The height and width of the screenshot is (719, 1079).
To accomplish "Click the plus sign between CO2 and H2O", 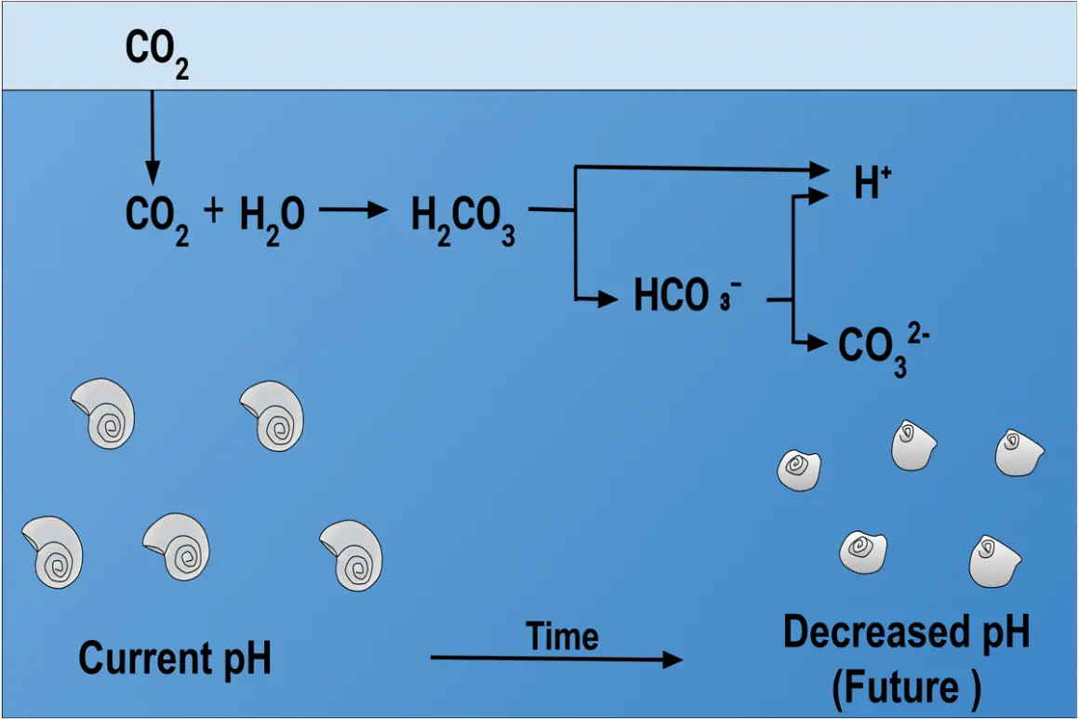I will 213,211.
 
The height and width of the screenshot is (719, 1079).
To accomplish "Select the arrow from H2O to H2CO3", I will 353,210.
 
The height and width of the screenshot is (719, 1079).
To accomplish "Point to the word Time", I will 562,636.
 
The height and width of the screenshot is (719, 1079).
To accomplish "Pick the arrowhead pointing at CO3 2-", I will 818,344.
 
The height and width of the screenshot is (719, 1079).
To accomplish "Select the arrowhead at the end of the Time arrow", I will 672,659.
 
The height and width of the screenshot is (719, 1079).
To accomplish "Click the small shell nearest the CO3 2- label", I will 913,445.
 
